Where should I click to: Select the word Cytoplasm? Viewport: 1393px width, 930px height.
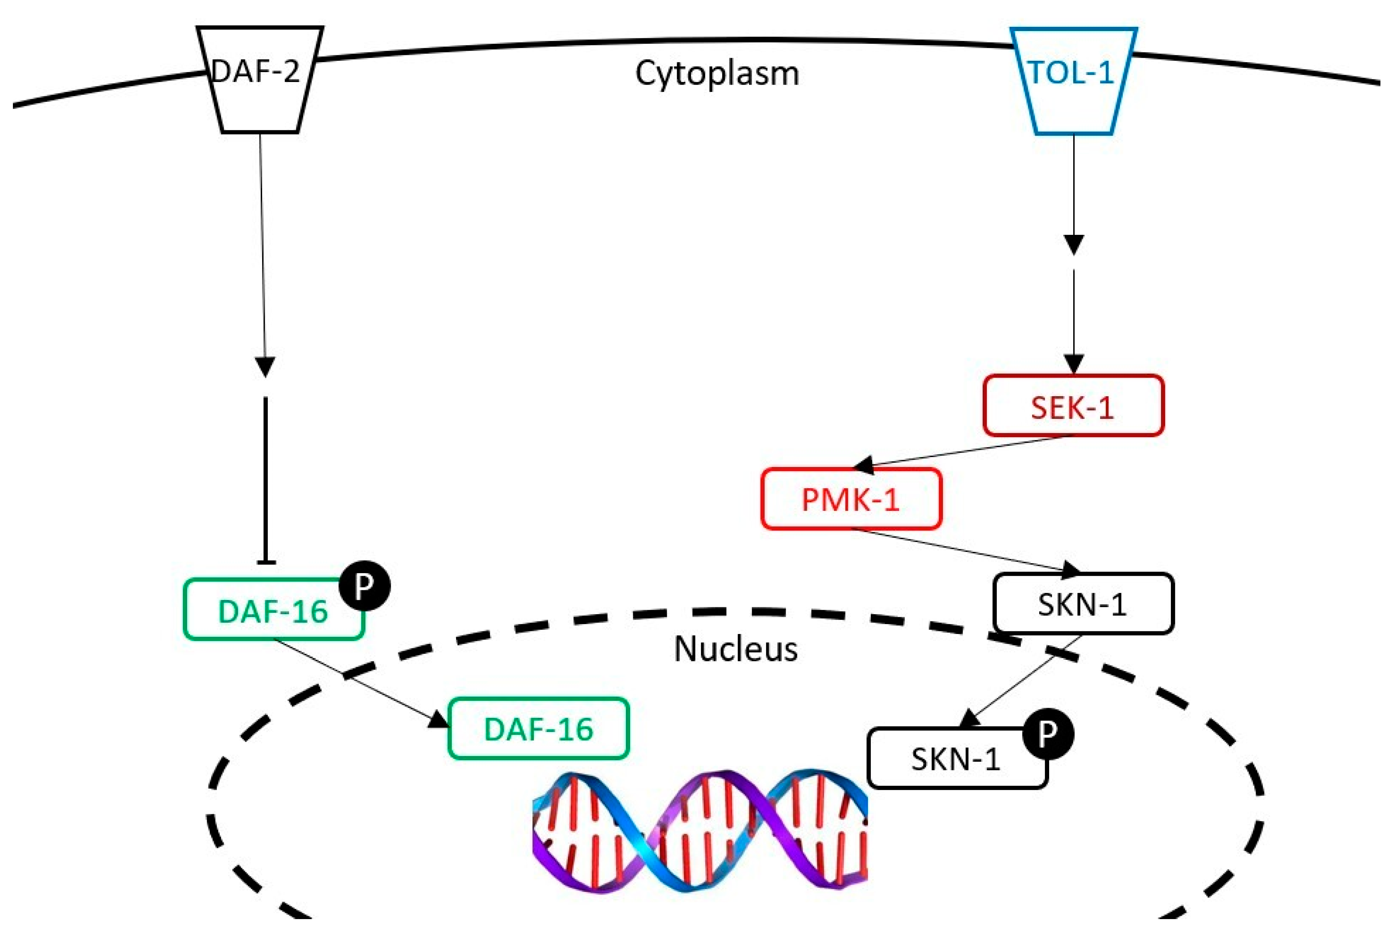tap(717, 73)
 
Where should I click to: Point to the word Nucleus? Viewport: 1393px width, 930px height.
tap(735, 649)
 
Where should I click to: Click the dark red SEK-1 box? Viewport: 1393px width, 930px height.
tap(1073, 406)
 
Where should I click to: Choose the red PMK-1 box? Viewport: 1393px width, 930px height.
tap(851, 499)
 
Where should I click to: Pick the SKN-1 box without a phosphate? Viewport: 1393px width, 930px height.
tap(1083, 604)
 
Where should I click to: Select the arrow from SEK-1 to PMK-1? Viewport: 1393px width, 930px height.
tap(961, 452)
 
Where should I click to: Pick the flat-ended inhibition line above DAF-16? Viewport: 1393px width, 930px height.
tap(265, 481)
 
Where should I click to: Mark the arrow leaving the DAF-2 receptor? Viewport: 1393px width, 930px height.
tap(262, 249)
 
